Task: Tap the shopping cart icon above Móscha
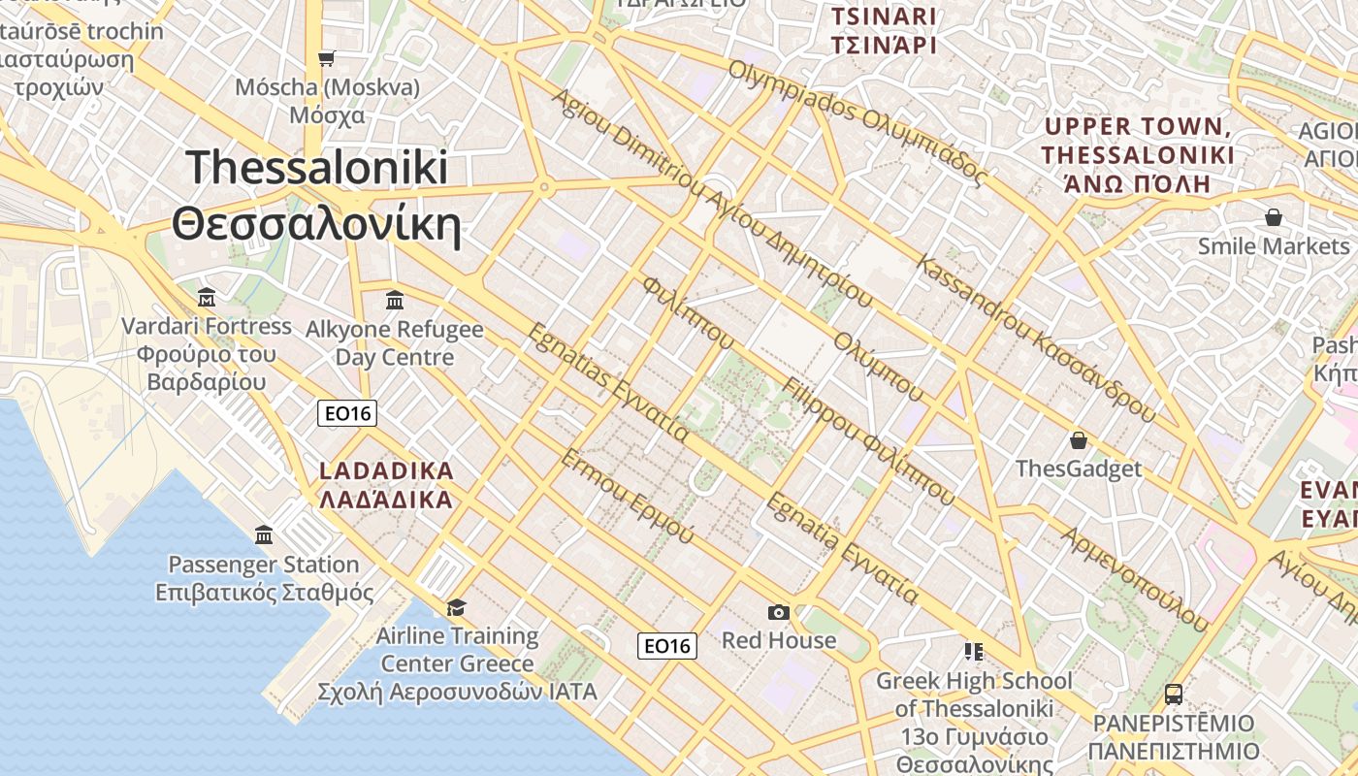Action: tap(327, 58)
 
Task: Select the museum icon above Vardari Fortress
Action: tap(206, 296)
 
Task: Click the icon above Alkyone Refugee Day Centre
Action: tap(394, 300)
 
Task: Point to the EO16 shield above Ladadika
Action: tap(347, 414)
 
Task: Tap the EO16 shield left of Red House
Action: tap(667, 645)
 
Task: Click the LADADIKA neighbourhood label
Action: tap(386, 471)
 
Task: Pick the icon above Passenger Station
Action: tap(263, 534)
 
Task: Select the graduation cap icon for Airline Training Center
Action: tap(456, 607)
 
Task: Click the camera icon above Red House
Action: tap(778, 612)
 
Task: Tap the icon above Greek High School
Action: tap(973, 651)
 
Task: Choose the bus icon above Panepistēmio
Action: tap(1173, 695)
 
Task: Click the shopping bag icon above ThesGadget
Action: tap(1078, 441)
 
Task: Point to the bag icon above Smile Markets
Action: tap(1273, 217)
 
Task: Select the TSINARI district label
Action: tap(884, 16)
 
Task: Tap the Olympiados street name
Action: tap(857, 123)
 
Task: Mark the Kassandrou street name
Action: tap(1035, 339)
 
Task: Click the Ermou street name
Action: tap(627, 496)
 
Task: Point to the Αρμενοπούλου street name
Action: tap(1135, 579)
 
